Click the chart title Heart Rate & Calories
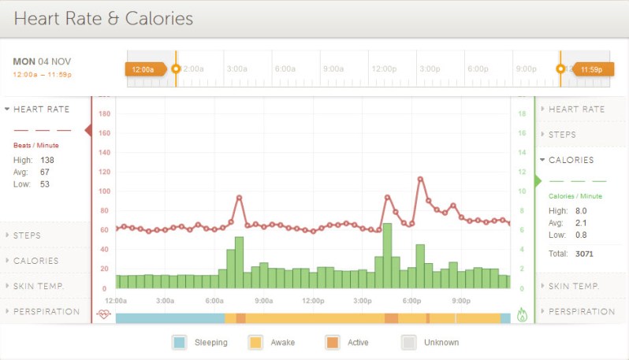pos(103,18)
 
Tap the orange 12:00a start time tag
pos(144,69)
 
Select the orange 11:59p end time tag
pos(591,69)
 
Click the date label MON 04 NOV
pos(42,61)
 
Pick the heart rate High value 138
pos(47,160)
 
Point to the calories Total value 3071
pos(584,254)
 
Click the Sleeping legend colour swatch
pos(179,343)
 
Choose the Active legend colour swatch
pos(332,343)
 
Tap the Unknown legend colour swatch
pos(408,343)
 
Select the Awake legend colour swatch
pos(255,343)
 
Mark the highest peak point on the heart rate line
pos(420,179)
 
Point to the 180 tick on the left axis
pos(104,114)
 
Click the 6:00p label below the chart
pos(411,301)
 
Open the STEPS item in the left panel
pos(27,235)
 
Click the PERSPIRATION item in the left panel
pos(46,311)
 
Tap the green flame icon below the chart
pos(521,315)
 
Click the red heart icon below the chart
pos(104,315)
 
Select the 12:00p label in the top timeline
pos(384,69)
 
